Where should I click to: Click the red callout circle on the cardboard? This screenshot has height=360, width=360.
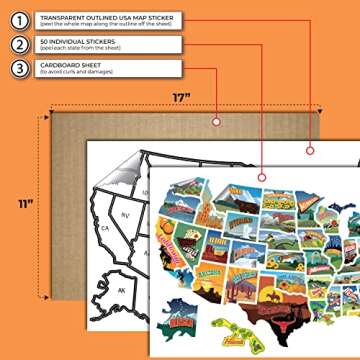216,120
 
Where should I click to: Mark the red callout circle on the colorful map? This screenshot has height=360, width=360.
262,177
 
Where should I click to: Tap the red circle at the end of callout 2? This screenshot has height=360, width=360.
309,150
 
